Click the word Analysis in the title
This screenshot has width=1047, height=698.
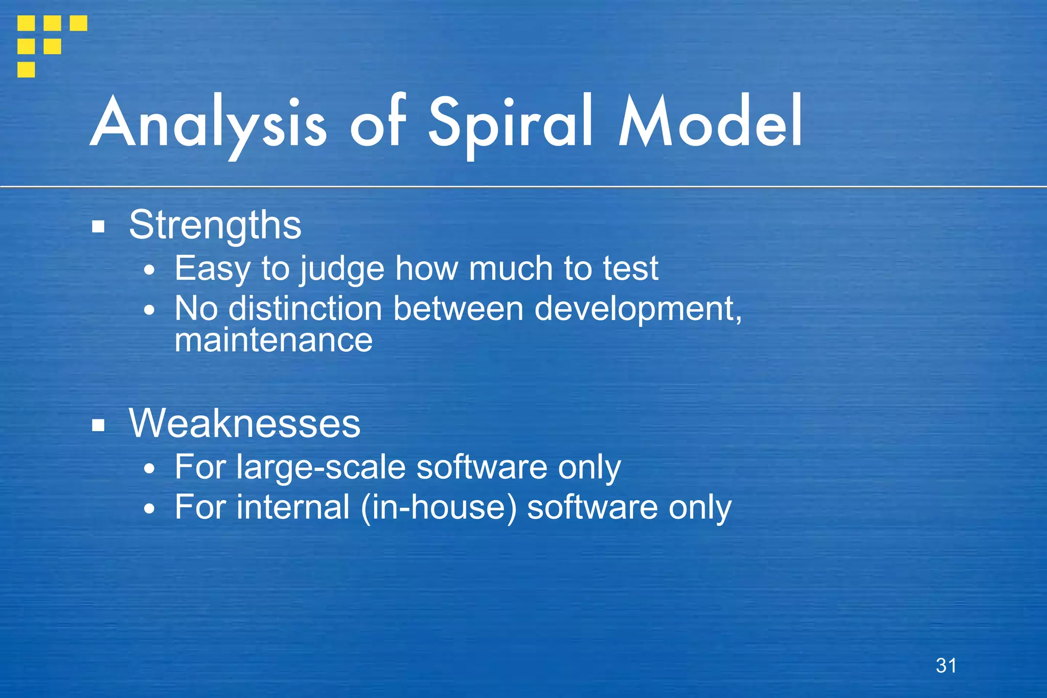(209, 123)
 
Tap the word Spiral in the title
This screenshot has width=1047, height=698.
(510, 123)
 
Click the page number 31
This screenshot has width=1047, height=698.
(946, 666)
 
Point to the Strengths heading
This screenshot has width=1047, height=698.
(215, 225)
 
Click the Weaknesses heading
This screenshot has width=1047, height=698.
(244, 423)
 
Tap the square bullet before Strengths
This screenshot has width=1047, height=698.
(99, 227)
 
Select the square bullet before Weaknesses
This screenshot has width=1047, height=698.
(99, 425)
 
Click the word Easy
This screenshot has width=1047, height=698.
(212, 268)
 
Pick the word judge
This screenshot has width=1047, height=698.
(342, 268)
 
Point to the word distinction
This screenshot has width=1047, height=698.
(305, 309)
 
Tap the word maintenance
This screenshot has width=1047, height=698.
(274, 341)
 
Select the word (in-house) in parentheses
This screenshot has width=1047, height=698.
(439, 507)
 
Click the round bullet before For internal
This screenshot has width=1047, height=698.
(149, 508)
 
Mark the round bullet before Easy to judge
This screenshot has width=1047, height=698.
(149, 270)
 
